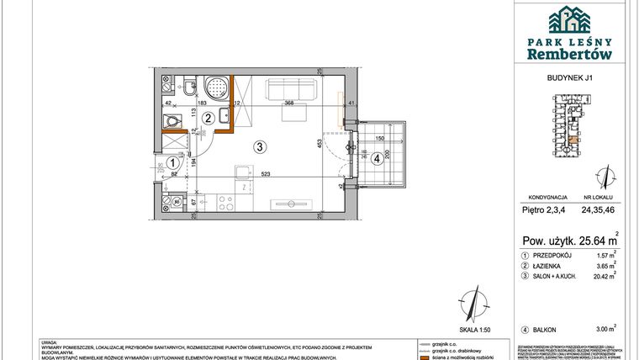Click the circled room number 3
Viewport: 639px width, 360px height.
[261, 146]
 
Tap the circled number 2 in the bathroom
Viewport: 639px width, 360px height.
[207, 119]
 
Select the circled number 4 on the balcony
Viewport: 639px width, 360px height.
[377, 156]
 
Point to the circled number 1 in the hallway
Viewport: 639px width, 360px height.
[172, 164]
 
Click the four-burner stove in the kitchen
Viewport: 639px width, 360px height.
[225, 202]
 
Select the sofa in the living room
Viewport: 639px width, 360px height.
[290, 90]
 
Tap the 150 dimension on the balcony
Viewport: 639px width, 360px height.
[379, 139]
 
